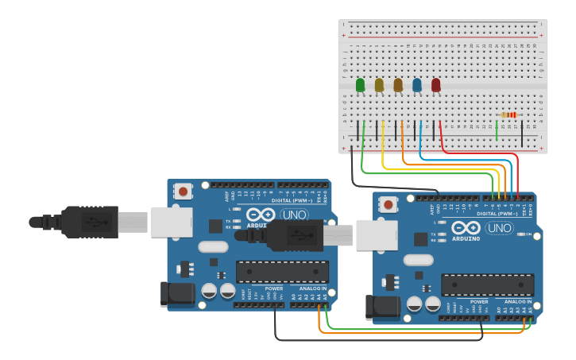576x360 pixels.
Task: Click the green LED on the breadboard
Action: pyautogui.click(x=361, y=84)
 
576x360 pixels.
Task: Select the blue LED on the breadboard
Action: pyautogui.click(x=417, y=84)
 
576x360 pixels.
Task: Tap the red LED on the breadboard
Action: pyautogui.click(x=435, y=84)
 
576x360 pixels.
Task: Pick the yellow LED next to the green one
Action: pyautogui.click(x=379, y=84)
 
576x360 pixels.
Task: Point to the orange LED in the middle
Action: pyautogui.click(x=398, y=84)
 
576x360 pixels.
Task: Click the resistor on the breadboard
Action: pyautogui.click(x=509, y=115)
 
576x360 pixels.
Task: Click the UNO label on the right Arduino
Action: pyautogui.click(x=499, y=228)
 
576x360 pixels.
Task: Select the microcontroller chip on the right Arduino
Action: pyautogui.click(x=487, y=285)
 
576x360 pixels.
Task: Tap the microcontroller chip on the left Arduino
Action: pyautogui.click(x=282, y=271)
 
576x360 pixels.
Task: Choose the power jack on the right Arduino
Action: pyautogui.click(x=382, y=308)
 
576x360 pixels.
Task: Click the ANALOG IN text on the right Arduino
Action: pyautogui.click(x=517, y=302)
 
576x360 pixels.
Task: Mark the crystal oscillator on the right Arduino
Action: pyautogui.click(x=418, y=260)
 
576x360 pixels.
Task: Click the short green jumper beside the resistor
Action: pyautogui.click(x=497, y=129)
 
